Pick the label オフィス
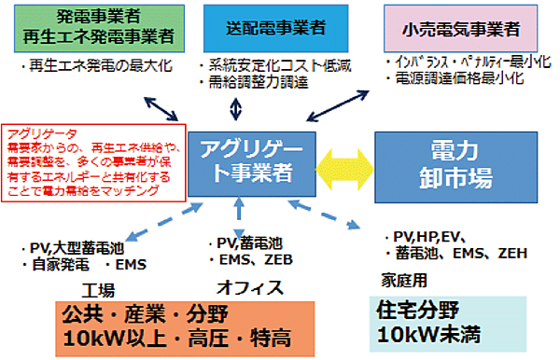pos(249,286)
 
